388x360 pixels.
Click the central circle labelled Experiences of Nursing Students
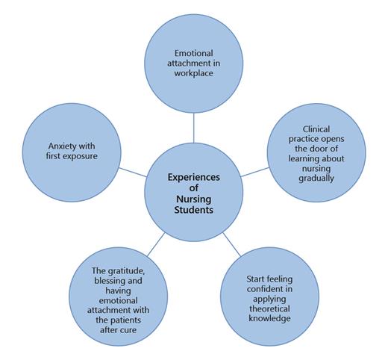pos(193,184)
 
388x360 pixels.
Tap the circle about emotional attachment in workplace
pos(194,63)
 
